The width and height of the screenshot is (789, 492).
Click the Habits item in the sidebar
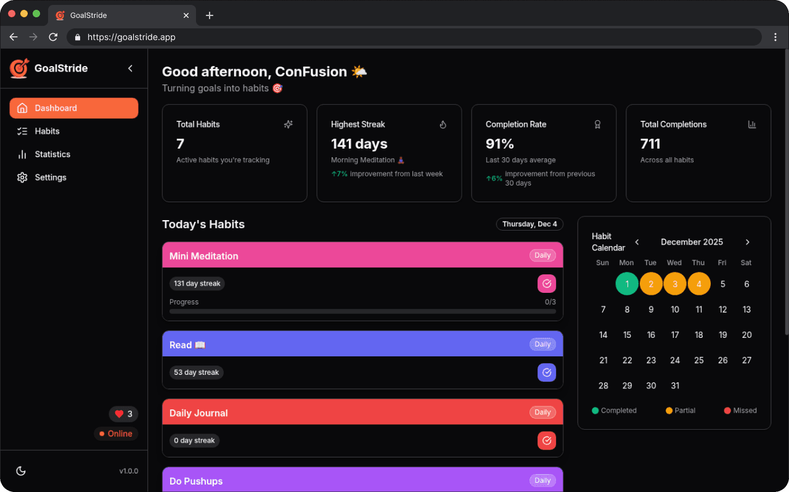[x=47, y=131]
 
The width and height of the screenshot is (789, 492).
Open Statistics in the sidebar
[x=52, y=154]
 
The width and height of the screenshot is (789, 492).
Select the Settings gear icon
[x=22, y=178]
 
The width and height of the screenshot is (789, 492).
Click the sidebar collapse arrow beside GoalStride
[x=130, y=68]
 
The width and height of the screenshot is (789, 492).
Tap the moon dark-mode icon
[x=21, y=471]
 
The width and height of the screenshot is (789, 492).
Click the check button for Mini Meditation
[x=546, y=284]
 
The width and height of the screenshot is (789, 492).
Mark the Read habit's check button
[x=546, y=372]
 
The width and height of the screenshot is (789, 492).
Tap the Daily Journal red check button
[x=546, y=441]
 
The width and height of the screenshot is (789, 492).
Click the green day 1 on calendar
[x=627, y=284]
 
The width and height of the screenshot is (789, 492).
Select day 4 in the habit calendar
[x=699, y=284]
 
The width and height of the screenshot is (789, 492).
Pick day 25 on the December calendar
[x=699, y=360]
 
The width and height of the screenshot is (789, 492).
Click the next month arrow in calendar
[x=747, y=242]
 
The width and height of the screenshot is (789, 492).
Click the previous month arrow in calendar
[x=637, y=242]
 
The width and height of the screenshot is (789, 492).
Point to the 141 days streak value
[x=359, y=144]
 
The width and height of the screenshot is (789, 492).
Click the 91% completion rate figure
[x=499, y=144]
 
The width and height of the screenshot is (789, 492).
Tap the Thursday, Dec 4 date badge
[x=529, y=224]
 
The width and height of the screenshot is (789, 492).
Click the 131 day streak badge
[x=197, y=284]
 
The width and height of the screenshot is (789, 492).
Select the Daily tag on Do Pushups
[x=542, y=481]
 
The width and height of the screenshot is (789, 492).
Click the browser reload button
[x=53, y=37]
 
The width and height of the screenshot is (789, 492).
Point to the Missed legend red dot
[x=727, y=411]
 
